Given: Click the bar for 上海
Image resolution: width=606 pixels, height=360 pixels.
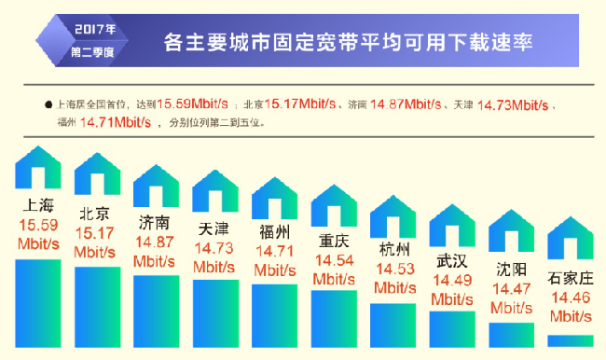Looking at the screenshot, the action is click(x=38, y=303).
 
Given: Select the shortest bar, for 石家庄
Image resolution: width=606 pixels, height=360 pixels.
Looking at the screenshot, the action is click(x=571, y=341).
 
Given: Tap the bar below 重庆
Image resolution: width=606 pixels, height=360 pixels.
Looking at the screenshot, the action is click(x=334, y=319).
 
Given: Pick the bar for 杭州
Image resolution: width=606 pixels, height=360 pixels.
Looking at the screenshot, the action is click(x=393, y=325).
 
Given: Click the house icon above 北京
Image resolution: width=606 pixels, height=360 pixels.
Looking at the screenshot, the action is click(x=97, y=173).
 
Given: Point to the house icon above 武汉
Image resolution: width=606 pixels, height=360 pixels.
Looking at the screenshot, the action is click(x=452, y=226).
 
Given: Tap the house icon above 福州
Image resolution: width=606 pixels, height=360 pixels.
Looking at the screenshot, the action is click(x=275, y=198).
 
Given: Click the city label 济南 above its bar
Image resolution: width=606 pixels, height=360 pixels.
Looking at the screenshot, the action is click(x=154, y=223).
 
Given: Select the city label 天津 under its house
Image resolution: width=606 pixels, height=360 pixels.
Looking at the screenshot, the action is click(x=213, y=228).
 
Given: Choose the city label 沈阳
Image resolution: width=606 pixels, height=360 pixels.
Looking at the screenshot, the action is click(x=511, y=270).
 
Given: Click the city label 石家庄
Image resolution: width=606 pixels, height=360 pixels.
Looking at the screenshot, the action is click(x=571, y=278).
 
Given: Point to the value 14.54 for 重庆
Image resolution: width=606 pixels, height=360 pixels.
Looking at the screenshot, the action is click(x=335, y=260).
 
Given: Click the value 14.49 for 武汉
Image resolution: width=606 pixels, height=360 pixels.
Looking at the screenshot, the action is click(x=452, y=281).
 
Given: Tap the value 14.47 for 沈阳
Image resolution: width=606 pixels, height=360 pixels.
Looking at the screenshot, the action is click(x=511, y=289).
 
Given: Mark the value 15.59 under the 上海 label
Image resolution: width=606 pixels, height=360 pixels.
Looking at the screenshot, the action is click(x=38, y=225).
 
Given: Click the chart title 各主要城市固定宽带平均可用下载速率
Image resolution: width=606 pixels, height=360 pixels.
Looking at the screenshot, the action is click(x=349, y=42).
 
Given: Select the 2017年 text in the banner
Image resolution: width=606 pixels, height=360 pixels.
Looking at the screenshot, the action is click(x=95, y=29).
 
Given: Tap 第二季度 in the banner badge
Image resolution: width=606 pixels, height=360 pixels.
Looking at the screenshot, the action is click(x=92, y=52).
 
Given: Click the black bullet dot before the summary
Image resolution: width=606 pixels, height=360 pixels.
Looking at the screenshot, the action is click(x=48, y=104).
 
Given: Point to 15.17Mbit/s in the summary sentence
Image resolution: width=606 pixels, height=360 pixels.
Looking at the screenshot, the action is click(x=300, y=104).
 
